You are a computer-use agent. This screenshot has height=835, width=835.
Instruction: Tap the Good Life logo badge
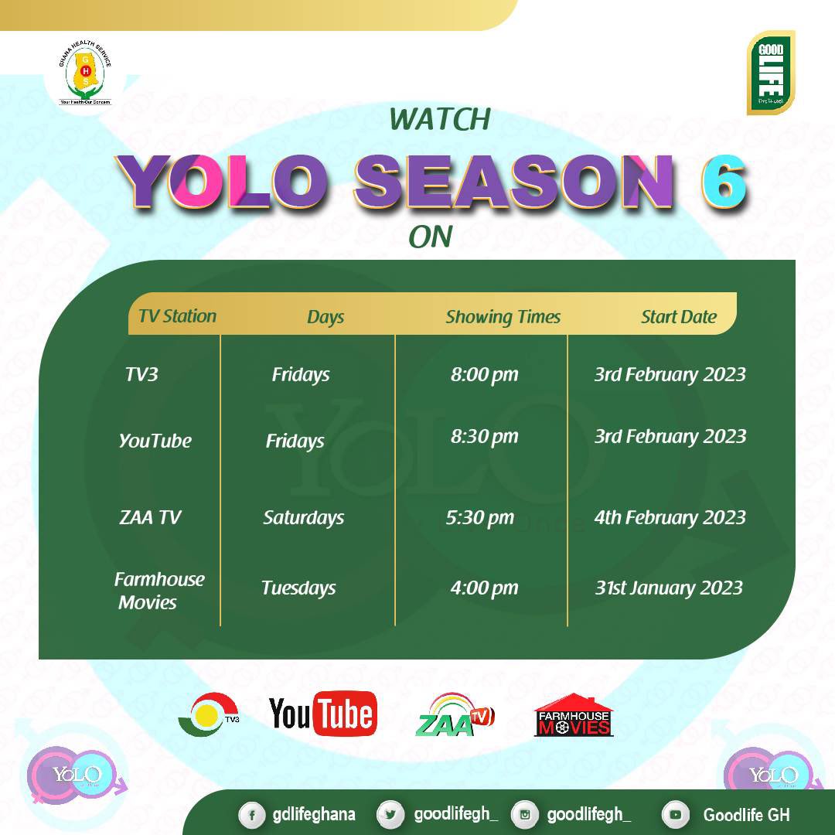[x=771, y=73]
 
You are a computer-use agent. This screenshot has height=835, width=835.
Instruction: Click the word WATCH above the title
[x=440, y=119]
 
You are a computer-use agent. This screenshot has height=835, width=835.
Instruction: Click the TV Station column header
[x=177, y=316]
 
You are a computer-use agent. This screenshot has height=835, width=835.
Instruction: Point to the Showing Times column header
[x=503, y=317]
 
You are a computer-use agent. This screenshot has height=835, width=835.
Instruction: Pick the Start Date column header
[x=678, y=317]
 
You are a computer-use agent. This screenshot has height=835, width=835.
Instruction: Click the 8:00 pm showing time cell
[x=484, y=375]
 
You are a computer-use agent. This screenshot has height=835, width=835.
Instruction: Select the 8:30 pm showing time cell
[x=484, y=437]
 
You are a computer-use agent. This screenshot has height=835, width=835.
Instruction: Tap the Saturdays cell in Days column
[x=303, y=518]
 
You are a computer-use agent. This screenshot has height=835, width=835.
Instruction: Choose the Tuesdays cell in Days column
[x=298, y=588]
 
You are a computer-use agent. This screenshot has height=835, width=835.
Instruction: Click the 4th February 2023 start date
[x=670, y=518]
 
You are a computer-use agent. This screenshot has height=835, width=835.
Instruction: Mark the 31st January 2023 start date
[x=669, y=588]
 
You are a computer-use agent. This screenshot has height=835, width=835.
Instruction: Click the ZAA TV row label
[x=150, y=518]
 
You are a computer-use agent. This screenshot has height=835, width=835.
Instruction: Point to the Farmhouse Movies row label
[x=158, y=591]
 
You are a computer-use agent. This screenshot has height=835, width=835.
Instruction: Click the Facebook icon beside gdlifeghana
[x=251, y=815]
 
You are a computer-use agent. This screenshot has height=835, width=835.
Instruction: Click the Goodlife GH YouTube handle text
[x=746, y=815]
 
